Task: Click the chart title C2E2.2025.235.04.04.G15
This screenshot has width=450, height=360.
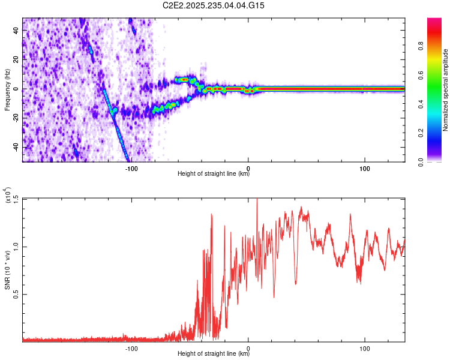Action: pyautogui.click(x=214, y=5)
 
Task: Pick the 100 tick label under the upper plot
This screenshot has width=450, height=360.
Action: pyautogui.click(x=364, y=168)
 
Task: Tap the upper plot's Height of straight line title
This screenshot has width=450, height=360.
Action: pyautogui.click(x=214, y=175)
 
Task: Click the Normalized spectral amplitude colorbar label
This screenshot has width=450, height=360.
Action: pyautogui.click(x=446, y=90)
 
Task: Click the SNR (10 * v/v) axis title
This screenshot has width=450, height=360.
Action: pyautogui.click(x=7, y=270)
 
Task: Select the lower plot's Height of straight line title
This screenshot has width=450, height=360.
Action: pyautogui.click(x=214, y=355)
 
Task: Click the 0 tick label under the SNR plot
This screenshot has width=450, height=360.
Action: pyautogui.click(x=248, y=348)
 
